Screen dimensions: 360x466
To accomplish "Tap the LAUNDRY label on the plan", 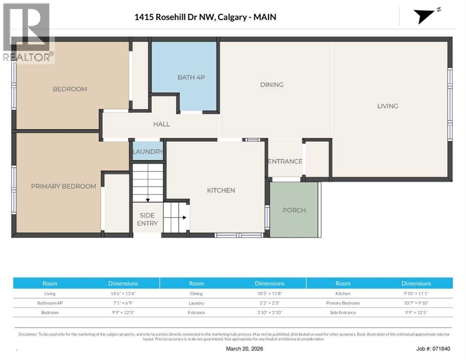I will click(148, 151).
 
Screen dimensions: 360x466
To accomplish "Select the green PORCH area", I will click(294, 210).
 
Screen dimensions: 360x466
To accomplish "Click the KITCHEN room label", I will click(221, 190).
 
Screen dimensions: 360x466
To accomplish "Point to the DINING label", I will click(272, 84).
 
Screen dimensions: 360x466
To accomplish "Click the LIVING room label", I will click(388, 106).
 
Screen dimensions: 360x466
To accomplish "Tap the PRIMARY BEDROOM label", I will click(63, 186).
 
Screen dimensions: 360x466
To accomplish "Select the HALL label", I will click(161, 124).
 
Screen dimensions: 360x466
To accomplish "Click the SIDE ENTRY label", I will click(147, 219).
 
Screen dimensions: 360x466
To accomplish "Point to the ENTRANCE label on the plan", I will click(285, 161).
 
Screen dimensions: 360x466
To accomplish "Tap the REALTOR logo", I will click(27, 33).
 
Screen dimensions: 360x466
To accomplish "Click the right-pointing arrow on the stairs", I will click(184, 217).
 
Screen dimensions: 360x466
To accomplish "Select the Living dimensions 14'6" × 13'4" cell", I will click(123, 293).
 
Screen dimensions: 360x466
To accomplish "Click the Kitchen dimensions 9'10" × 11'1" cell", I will click(416, 293).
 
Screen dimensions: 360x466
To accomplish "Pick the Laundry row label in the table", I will click(196, 303).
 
